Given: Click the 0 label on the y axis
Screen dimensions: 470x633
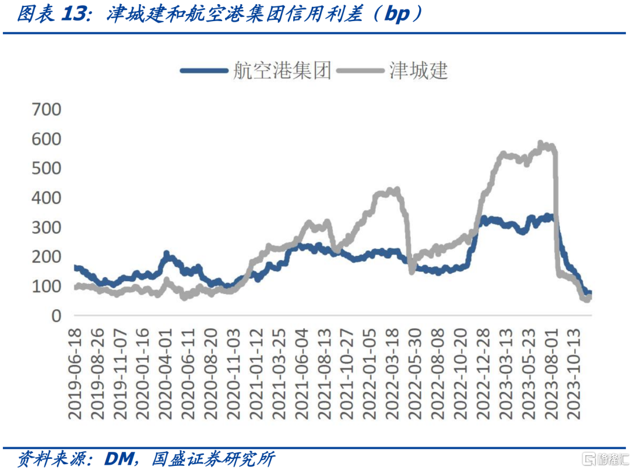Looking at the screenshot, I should (56, 316).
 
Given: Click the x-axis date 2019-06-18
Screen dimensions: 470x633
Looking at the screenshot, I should (76, 373).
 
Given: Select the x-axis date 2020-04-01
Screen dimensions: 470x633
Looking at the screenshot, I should (166, 373).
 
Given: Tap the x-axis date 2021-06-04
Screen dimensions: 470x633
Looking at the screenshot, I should (302, 373).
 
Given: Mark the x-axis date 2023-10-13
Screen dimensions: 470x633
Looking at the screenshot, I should (574, 373).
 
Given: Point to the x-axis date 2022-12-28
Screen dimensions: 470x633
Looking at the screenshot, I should (484, 373).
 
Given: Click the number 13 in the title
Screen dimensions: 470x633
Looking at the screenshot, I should (77, 15).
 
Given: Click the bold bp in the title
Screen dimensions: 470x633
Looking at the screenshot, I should (397, 15).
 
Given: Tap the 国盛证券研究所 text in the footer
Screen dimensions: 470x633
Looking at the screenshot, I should (212, 458).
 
